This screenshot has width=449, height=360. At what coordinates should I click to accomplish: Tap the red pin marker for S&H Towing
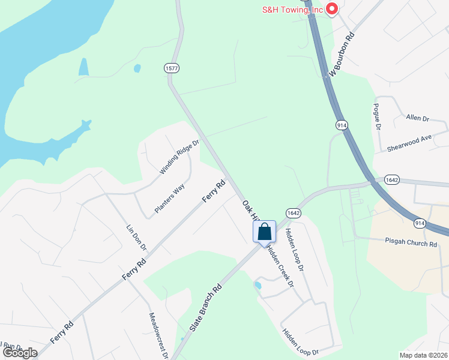(x=331, y=9)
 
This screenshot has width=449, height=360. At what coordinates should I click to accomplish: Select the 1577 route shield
(x=172, y=68)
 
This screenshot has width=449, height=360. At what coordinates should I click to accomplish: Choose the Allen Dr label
(x=418, y=118)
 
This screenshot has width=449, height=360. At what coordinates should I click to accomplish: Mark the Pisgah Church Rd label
(x=411, y=244)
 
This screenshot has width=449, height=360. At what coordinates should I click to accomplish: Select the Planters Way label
(x=169, y=199)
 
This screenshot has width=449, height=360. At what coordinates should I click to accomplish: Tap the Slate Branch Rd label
(x=206, y=307)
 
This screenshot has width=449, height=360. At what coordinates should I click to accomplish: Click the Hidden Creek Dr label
(x=280, y=266)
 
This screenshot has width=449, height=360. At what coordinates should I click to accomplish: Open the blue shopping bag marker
(x=264, y=232)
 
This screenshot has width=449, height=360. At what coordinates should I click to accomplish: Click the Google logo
(x=20, y=353)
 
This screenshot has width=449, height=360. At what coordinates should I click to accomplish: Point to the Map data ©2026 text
(x=423, y=355)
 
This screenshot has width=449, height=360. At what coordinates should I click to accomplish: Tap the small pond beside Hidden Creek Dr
(x=258, y=285)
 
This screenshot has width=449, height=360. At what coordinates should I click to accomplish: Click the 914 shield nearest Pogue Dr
(x=341, y=125)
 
